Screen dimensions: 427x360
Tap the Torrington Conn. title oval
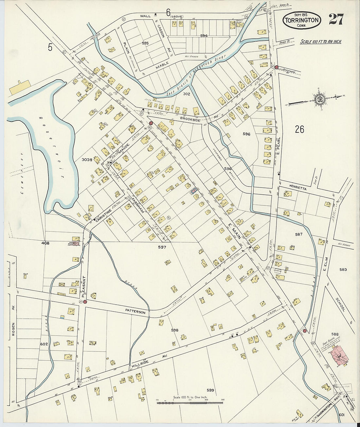pos(302,20)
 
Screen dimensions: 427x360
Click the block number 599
pos(210,390)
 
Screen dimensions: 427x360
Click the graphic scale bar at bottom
pos(190,403)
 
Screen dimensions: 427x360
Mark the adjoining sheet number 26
pos(299,129)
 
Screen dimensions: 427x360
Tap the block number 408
pos(45,243)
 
